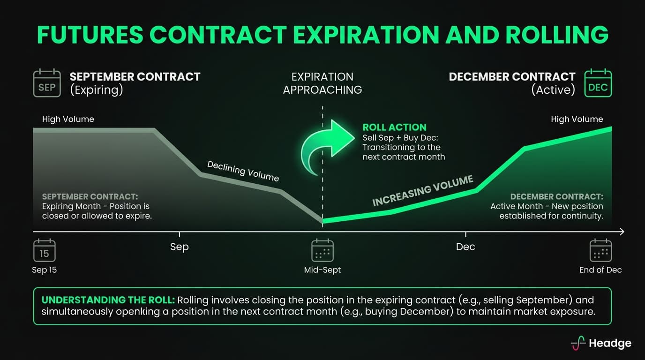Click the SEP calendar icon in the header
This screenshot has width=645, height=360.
pyautogui.click(x=47, y=83)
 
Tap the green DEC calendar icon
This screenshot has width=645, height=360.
pyautogui.click(x=598, y=83)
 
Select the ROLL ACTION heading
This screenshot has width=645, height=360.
pyautogui.click(x=394, y=127)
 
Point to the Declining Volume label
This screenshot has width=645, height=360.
pyautogui.click(x=243, y=171)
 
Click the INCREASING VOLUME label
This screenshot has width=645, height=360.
pyautogui.click(x=423, y=191)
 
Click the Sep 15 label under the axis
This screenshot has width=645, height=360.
pyautogui.click(x=44, y=270)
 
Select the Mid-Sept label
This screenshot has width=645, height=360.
pyautogui.click(x=322, y=270)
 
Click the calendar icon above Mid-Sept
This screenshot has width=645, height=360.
pyautogui.click(x=322, y=250)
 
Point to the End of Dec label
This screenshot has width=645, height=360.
pyautogui.click(x=600, y=270)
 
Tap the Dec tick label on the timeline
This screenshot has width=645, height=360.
pyautogui.click(x=465, y=247)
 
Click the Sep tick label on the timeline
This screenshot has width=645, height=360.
pyautogui.click(x=179, y=247)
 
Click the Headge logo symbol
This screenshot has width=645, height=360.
pyautogui.click(x=578, y=343)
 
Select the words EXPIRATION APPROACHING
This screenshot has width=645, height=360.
pyautogui.click(x=322, y=83)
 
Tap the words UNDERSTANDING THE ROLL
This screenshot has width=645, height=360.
pyautogui.click(x=108, y=300)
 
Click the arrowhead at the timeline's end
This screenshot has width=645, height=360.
pyautogui.click(x=622, y=232)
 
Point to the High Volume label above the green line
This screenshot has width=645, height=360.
pyautogui.click(x=577, y=119)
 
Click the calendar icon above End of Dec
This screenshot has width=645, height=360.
pyautogui.click(x=600, y=250)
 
